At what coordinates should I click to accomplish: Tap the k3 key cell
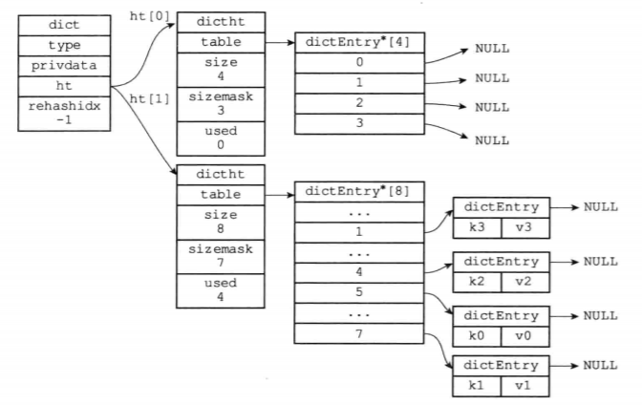[478, 227]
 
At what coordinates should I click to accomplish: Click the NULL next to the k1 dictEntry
[601, 365]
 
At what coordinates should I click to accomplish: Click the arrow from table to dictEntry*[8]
[276, 193]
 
